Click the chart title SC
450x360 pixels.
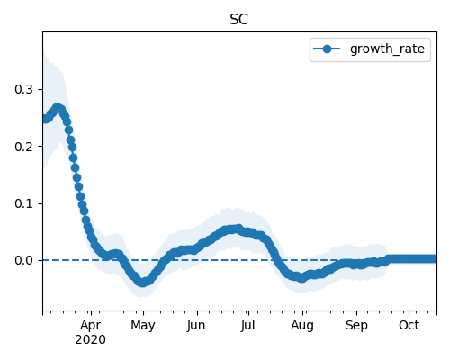click(x=238, y=20)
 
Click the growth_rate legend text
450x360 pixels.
click(x=387, y=49)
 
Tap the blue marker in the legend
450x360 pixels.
click(x=327, y=49)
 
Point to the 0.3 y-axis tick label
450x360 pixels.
click(x=23, y=89)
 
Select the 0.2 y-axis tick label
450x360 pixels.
click(x=23, y=147)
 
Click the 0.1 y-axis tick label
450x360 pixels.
click(x=23, y=203)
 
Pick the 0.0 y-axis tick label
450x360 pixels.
click(x=23, y=260)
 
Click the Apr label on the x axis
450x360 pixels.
click(x=91, y=326)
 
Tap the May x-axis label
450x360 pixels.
click(x=143, y=326)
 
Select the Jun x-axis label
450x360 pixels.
click(x=196, y=326)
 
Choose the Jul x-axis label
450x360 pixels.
click(x=247, y=325)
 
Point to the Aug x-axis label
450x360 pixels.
click(x=302, y=326)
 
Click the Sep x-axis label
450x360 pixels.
click(x=356, y=326)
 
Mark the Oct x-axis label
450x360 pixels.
click(x=409, y=325)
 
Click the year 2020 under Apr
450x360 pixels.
click(x=90, y=340)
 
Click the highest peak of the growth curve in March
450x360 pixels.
click(x=57, y=108)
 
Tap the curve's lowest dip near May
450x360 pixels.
click(x=143, y=283)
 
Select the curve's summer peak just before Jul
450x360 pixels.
click(x=238, y=229)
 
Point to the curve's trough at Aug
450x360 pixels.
click(x=302, y=278)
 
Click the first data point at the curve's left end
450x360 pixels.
click(x=45, y=119)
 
